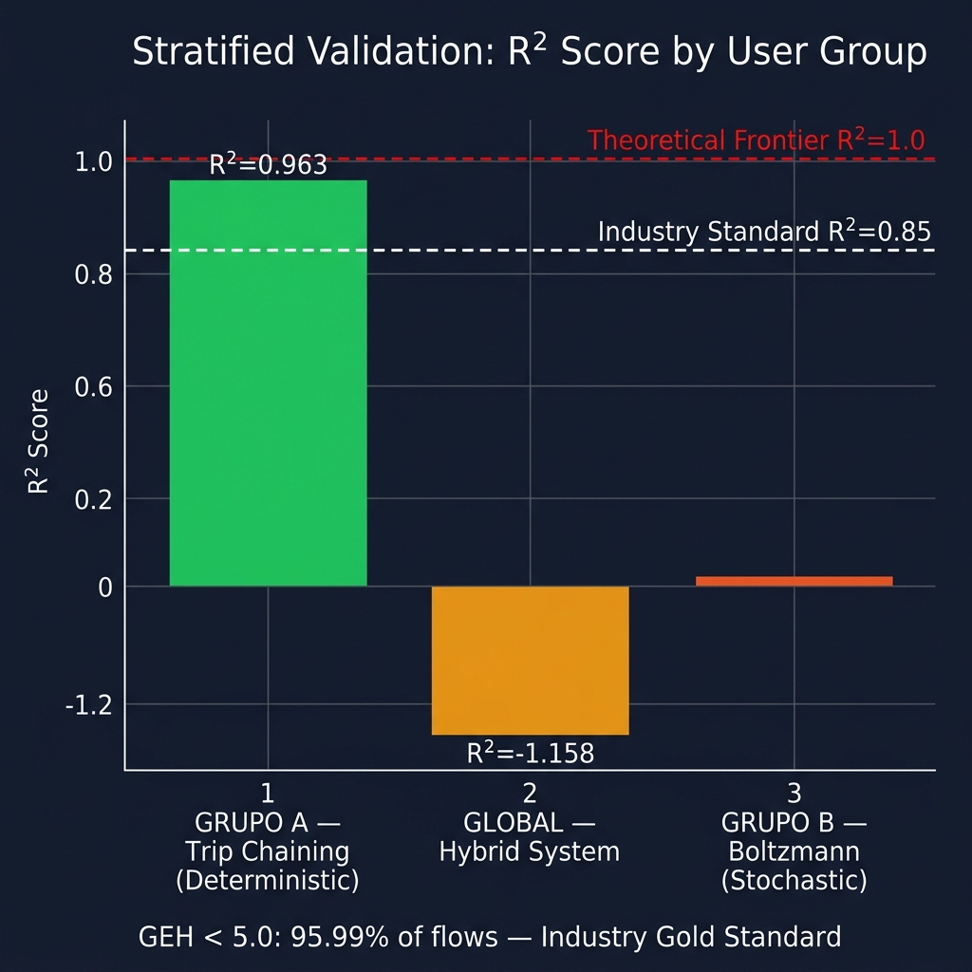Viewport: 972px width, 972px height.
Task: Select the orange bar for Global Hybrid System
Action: click(x=530, y=660)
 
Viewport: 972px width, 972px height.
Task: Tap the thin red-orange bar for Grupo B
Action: click(x=794, y=581)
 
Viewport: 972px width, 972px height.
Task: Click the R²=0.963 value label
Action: click(x=268, y=165)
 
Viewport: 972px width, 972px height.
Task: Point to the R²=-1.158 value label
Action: click(x=530, y=754)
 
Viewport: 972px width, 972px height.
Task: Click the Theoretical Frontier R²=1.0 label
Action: click(x=756, y=140)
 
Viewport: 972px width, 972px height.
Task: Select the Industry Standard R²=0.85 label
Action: click(x=764, y=232)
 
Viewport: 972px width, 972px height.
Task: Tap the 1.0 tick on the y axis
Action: click(x=93, y=162)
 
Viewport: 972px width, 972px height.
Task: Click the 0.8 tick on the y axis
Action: click(x=93, y=274)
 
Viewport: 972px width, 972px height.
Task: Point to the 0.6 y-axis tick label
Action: click(x=93, y=386)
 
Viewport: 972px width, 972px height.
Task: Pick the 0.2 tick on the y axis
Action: click(x=93, y=499)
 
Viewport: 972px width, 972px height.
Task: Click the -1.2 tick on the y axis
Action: click(x=89, y=705)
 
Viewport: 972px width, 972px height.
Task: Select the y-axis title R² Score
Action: click(x=39, y=441)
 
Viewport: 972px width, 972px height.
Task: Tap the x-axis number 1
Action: click(x=268, y=793)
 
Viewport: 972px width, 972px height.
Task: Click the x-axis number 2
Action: click(x=530, y=793)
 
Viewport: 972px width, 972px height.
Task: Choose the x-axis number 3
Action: click(x=794, y=793)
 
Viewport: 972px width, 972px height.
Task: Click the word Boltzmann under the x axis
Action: click(x=794, y=851)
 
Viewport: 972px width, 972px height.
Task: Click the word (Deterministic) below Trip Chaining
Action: click(x=268, y=881)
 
